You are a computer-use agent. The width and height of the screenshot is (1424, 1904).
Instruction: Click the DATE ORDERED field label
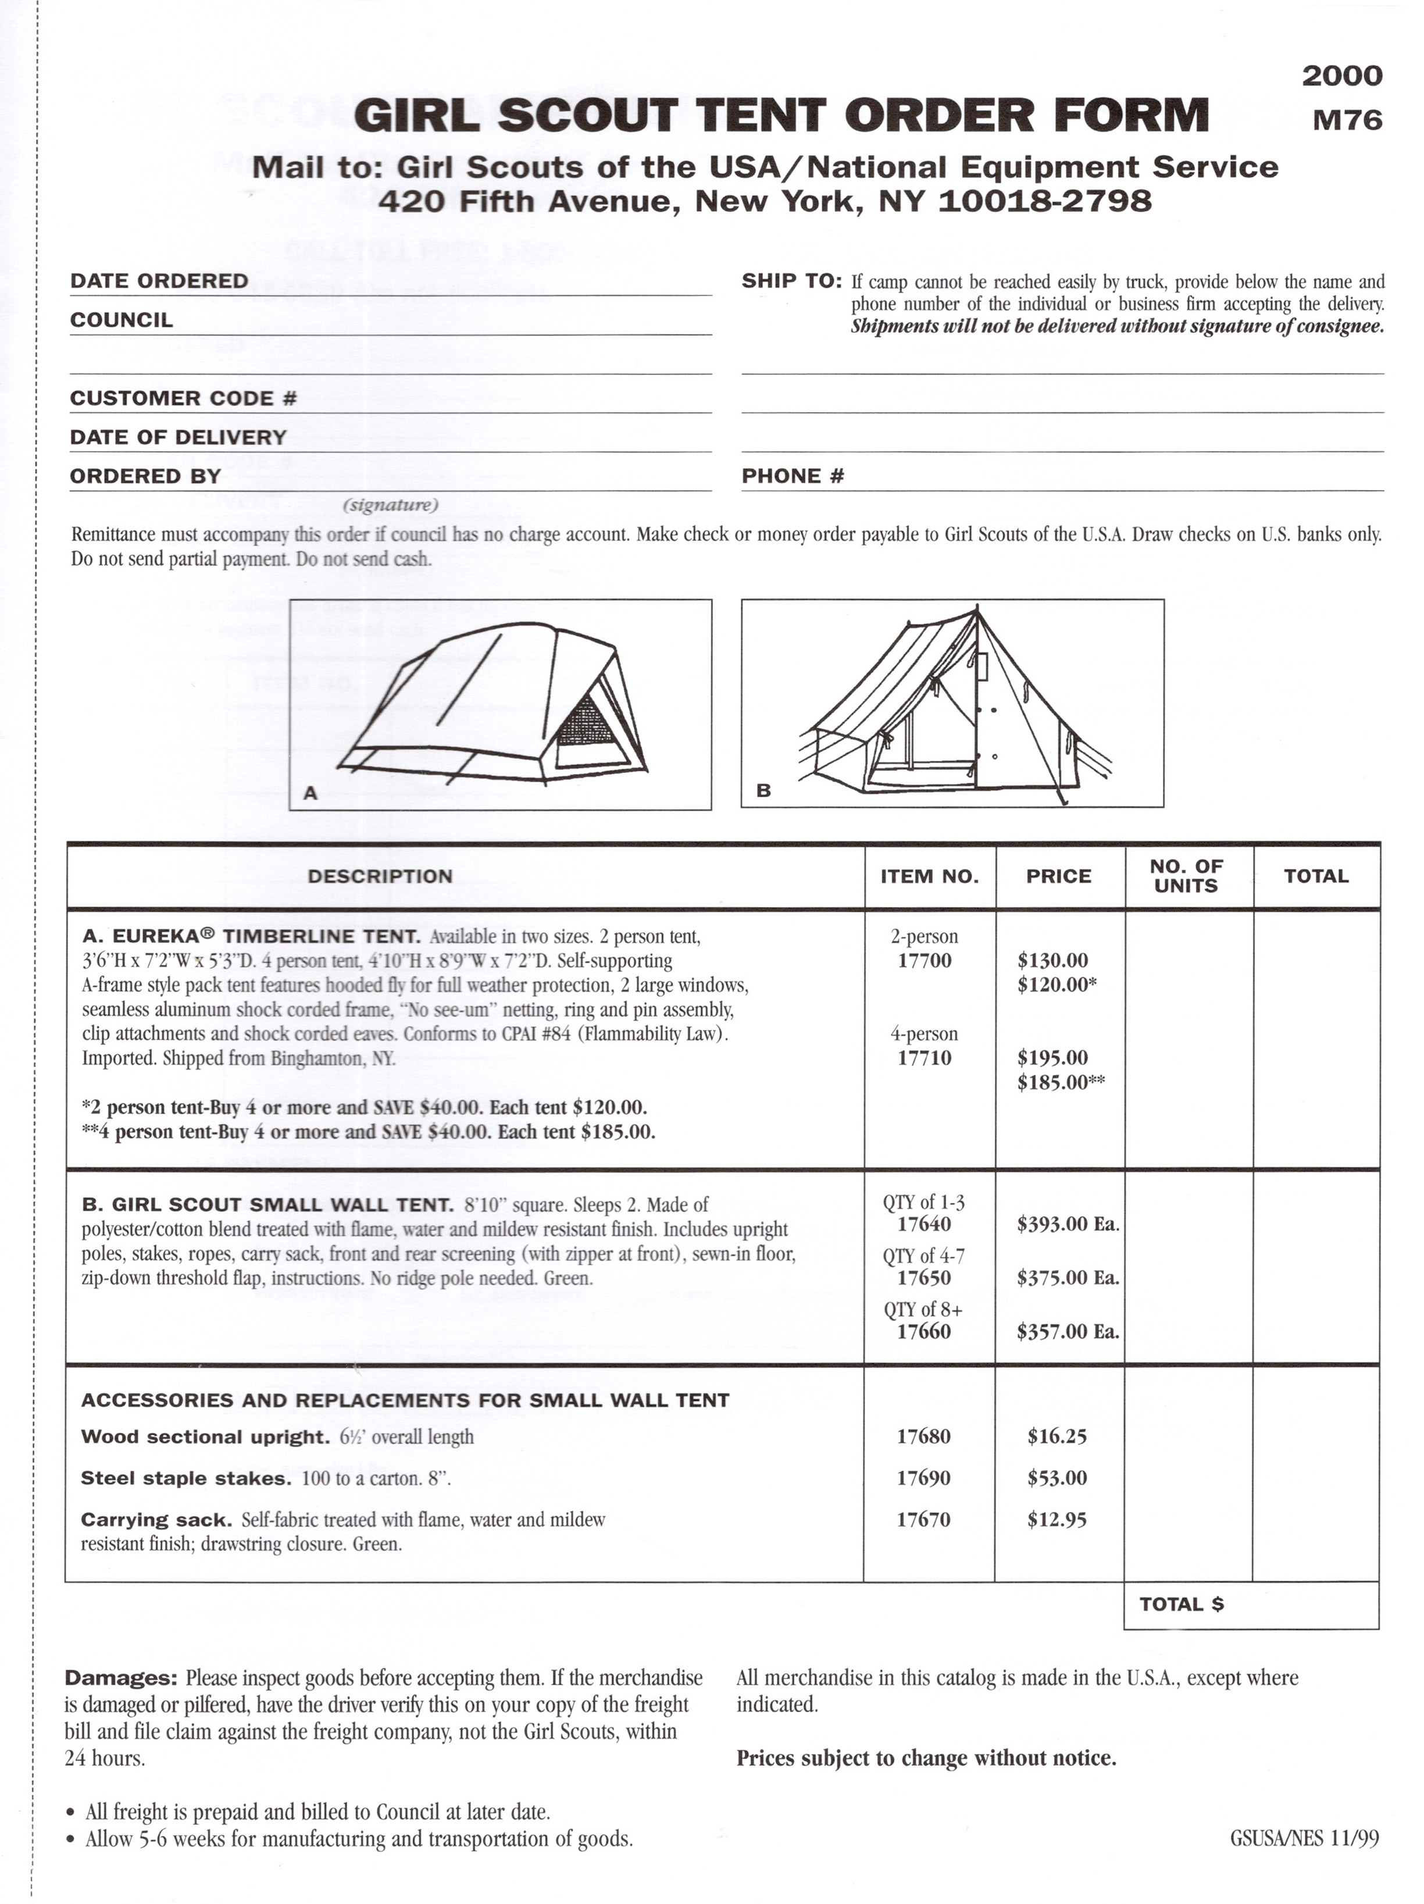[159, 281]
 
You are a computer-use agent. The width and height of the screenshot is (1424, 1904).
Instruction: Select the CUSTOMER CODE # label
[183, 398]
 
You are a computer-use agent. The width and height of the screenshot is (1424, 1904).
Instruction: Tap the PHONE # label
[793, 476]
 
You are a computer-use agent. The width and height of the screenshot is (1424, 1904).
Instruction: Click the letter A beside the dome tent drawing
[311, 793]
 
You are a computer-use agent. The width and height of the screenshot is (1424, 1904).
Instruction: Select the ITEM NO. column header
[929, 876]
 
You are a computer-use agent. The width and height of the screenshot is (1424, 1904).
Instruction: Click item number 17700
[924, 961]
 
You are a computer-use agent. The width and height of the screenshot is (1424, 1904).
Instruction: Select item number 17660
[923, 1332]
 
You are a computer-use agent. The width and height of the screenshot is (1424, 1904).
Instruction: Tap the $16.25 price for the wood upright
[1057, 1436]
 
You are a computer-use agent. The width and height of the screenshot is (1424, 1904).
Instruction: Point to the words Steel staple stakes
[186, 1478]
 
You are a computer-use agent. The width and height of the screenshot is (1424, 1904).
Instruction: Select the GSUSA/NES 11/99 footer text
[1304, 1839]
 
